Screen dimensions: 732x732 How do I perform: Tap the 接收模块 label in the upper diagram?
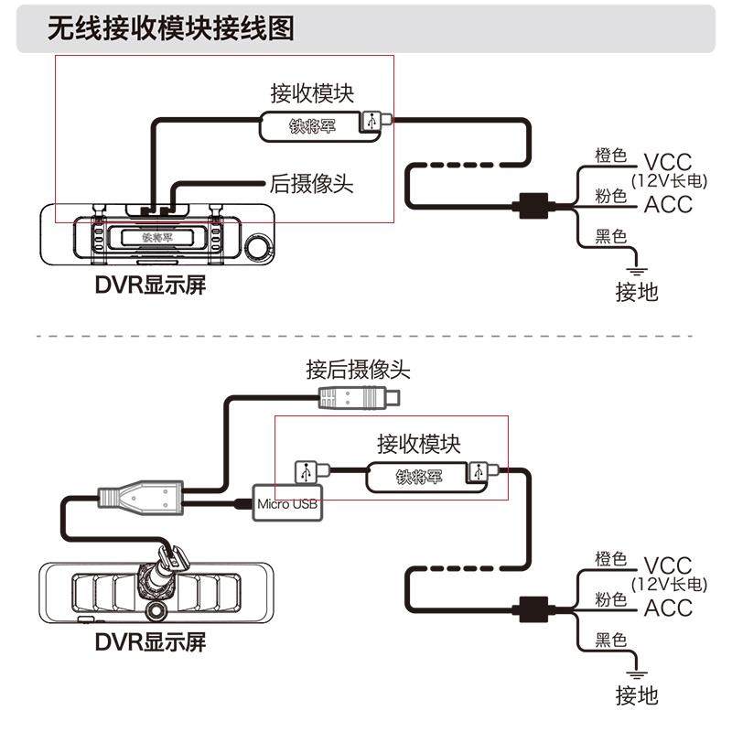click(x=311, y=92)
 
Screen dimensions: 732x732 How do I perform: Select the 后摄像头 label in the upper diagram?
click(x=311, y=183)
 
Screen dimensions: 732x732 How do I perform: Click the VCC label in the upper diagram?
click(x=668, y=161)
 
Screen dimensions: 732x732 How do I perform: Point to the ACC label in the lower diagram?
click(x=668, y=608)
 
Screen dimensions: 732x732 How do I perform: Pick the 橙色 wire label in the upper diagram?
click(x=610, y=156)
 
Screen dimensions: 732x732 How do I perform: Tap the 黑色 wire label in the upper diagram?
click(x=610, y=237)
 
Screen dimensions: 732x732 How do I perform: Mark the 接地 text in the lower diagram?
click(x=637, y=695)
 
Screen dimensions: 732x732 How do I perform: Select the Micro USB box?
click(x=284, y=504)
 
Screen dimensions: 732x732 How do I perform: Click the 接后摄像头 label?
click(x=358, y=370)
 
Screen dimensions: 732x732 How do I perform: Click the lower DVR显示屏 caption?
click(x=151, y=641)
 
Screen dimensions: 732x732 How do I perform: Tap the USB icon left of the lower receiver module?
click(x=307, y=472)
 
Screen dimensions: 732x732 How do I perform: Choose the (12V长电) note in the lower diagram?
click(x=668, y=584)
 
